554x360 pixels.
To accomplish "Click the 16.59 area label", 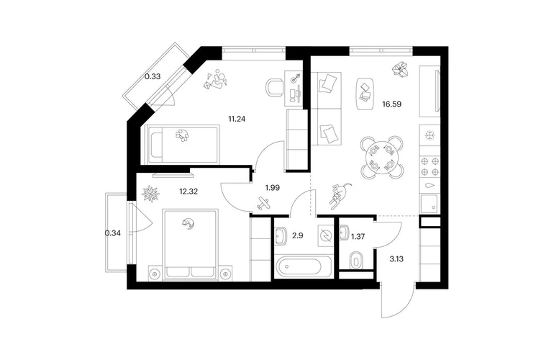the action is tap(391, 104).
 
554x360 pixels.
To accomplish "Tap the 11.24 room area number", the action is tap(237, 120).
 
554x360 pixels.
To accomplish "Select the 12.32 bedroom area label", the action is tap(189, 192).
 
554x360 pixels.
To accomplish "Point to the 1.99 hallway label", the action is tap(273, 188).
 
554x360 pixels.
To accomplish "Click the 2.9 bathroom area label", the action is tap(298, 235).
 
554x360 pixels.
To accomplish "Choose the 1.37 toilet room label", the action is tap(358, 237).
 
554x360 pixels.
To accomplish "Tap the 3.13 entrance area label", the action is tap(396, 259).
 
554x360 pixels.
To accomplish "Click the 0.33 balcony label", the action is tap(153, 76).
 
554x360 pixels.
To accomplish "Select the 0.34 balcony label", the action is tap(113, 233).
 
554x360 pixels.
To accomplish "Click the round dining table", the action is tap(382, 158).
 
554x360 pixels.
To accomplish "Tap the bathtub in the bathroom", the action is tap(299, 266).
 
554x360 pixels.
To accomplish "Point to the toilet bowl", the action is tap(356, 261).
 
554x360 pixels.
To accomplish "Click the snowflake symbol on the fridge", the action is tap(430, 135).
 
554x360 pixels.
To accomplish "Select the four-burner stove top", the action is tap(430, 167).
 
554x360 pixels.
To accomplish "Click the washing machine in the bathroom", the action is tap(325, 235).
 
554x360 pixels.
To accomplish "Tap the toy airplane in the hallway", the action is tap(264, 203).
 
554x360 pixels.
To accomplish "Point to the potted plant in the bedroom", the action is tap(151, 194).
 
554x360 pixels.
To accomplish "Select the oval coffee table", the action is tap(365, 94).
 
